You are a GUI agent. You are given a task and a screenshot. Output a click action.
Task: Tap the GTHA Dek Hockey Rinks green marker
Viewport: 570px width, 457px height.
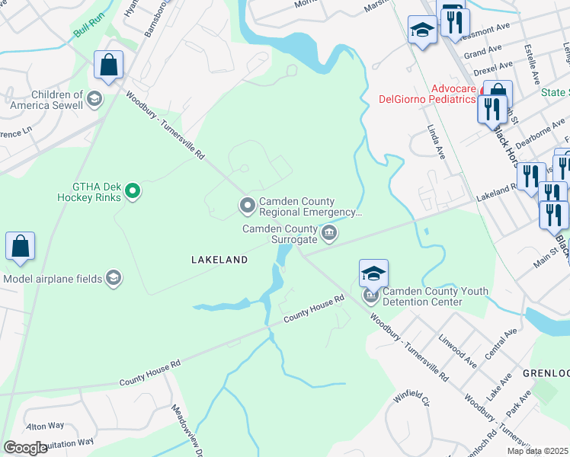pos(133,190)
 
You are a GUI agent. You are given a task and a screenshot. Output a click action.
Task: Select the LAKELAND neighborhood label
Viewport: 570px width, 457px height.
pos(219,260)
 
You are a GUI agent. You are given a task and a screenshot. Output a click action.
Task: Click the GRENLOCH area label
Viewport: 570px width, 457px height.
pos(546,373)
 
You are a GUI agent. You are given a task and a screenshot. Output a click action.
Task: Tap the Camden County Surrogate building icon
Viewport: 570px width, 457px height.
pos(328,233)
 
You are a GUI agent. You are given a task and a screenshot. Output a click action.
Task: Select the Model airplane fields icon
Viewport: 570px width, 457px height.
pos(114,278)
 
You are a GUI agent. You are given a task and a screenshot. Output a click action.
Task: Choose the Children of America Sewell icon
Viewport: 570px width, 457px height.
pos(94,98)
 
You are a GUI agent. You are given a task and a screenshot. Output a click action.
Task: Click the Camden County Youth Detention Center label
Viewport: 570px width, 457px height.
pos(422,296)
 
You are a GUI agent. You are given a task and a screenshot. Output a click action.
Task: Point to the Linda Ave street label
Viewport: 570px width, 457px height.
pos(436,141)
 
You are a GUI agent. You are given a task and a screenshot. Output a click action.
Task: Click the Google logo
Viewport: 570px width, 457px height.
pos(25,448)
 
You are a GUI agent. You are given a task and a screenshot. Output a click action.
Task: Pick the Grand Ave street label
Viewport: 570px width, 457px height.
pos(482,53)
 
